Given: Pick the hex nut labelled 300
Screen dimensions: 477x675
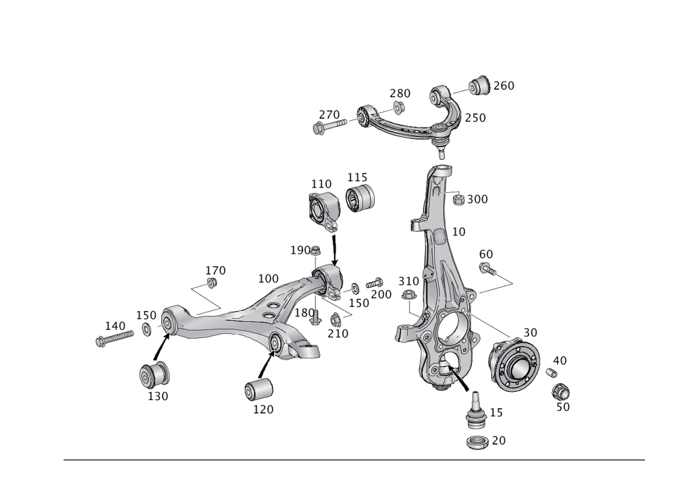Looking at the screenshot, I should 456,199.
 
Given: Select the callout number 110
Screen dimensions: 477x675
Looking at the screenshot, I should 321,184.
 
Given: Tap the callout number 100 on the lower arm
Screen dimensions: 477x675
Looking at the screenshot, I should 268,278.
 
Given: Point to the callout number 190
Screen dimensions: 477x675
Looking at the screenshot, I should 300,250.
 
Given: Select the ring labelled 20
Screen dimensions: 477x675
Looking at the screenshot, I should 479,443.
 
